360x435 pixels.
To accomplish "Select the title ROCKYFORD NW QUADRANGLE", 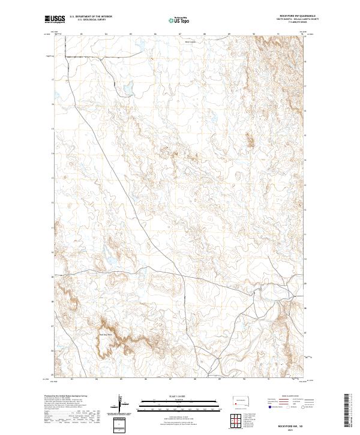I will [x=298, y=16].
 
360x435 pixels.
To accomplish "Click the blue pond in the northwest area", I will [x=128, y=90].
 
